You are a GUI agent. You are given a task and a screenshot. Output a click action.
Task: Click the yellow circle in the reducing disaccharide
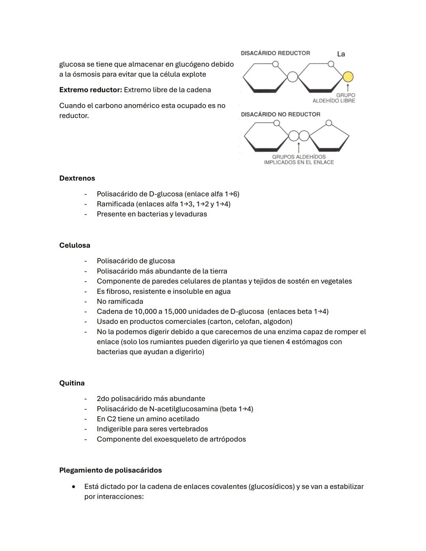click(348, 77)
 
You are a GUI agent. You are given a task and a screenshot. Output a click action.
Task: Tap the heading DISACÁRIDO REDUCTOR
click(275, 53)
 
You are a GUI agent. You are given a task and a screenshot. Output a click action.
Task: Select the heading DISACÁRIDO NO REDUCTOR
click(280, 114)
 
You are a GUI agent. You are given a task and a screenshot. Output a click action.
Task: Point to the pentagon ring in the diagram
click(329, 137)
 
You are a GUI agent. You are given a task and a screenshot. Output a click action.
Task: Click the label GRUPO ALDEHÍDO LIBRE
click(334, 98)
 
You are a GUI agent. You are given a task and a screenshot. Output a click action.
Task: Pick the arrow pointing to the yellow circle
click(348, 87)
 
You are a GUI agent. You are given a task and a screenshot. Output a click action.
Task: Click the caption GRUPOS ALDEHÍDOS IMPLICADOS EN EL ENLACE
click(299, 160)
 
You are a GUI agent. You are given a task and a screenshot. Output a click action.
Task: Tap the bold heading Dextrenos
click(77, 178)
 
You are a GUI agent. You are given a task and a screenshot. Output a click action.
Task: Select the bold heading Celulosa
click(75, 245)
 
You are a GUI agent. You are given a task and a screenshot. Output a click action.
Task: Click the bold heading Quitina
click(72, 383)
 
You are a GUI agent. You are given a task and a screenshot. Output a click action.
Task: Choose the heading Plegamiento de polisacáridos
click(110, 470)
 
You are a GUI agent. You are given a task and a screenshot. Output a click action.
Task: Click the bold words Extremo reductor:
click(91, 90)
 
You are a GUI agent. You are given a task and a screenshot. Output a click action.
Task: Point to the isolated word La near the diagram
click(341, 54)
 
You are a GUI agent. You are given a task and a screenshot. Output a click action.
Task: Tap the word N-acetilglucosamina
click(183, 409)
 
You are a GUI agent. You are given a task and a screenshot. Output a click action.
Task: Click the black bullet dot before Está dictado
click(74, 487)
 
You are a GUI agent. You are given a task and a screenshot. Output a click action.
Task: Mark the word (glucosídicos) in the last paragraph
click(272, 487)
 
